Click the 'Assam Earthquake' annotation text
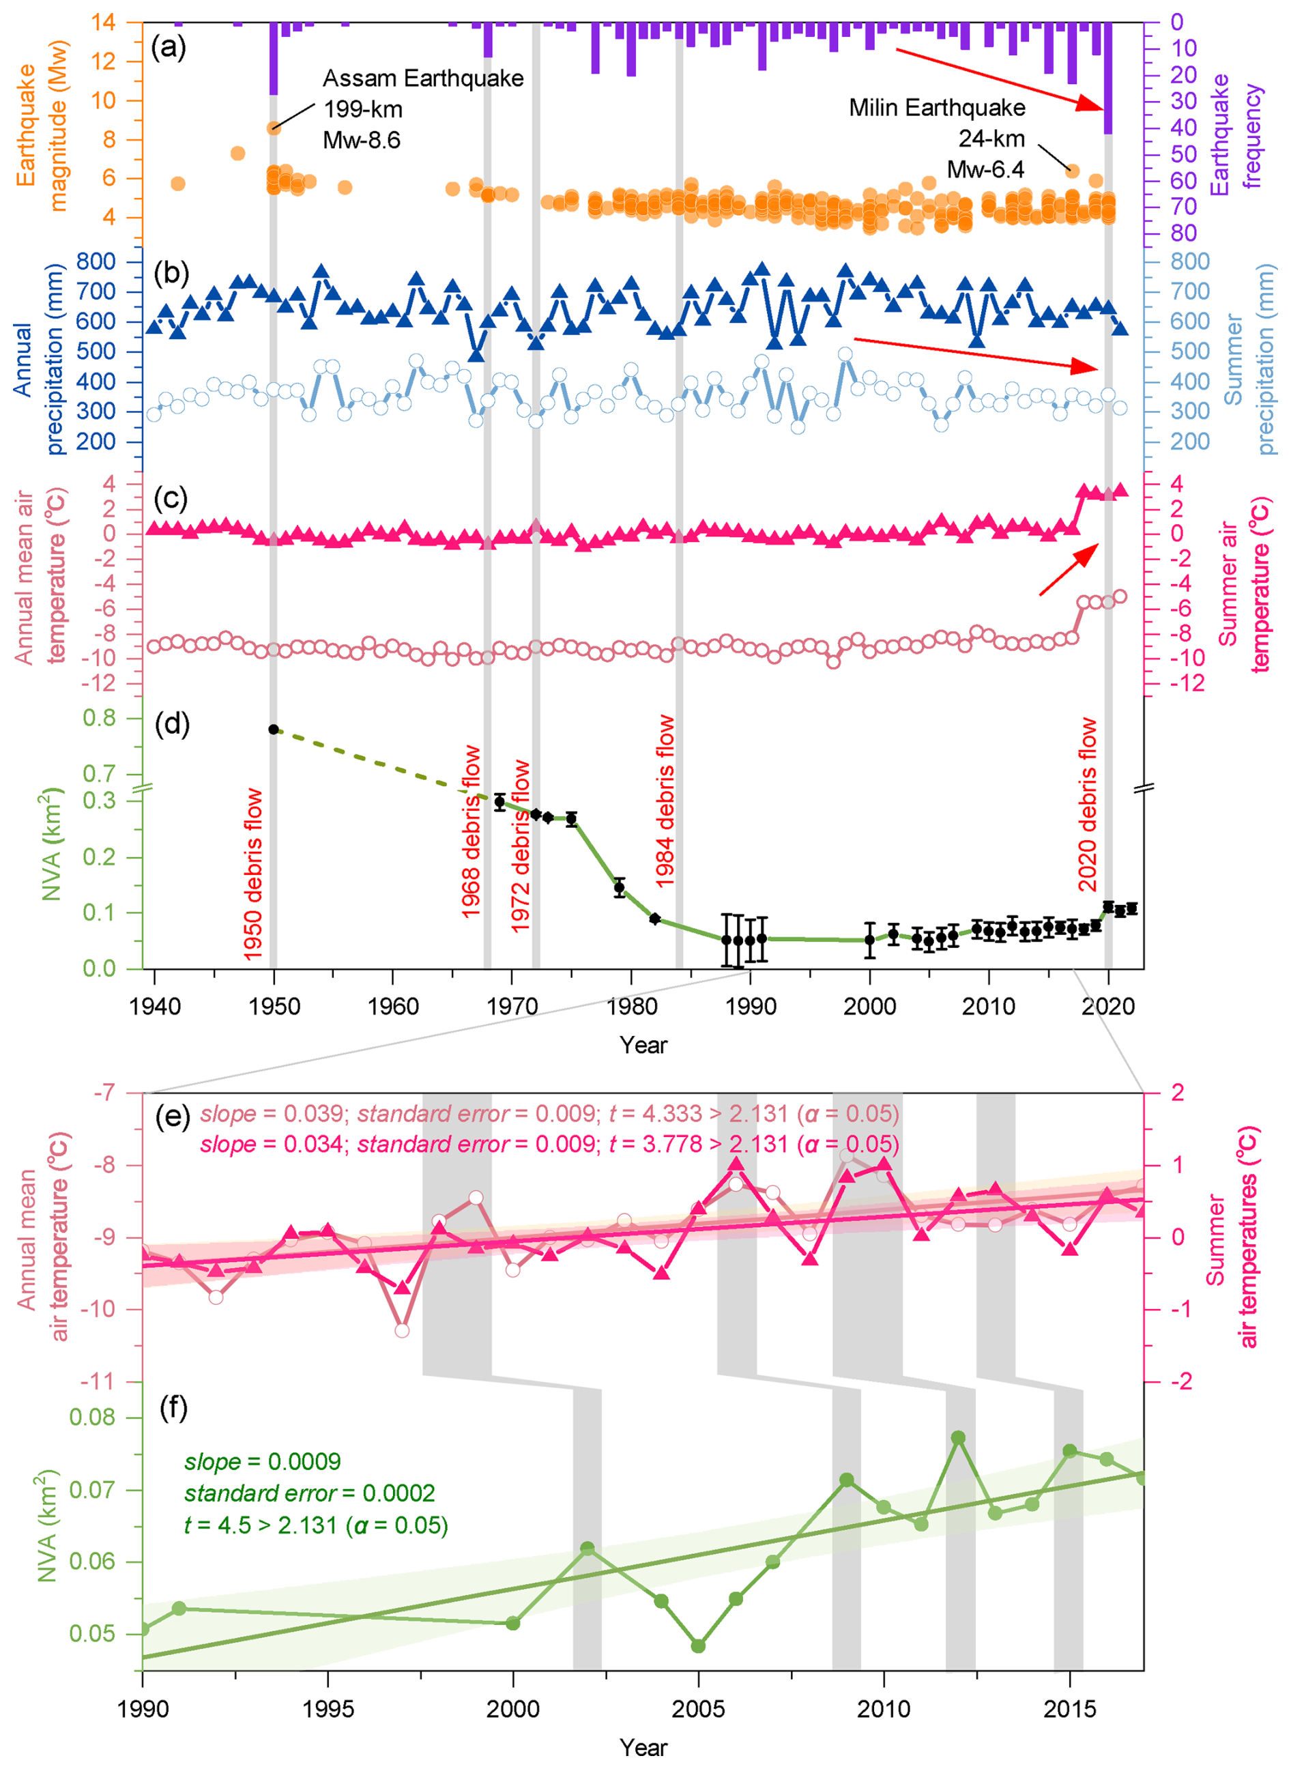point(423,79)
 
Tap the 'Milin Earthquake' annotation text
point(937,108)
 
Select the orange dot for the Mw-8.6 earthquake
point(274,128)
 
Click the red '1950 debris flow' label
point(253,875)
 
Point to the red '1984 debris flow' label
point(665,801)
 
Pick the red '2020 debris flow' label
point(1088,805)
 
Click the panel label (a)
point(169,48)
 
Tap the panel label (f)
point(173,1408)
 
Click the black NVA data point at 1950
point(274,730)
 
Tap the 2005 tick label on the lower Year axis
point(699,1709)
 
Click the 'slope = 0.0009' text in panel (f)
point(263,1462)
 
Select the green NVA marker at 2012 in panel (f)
point(958,1437)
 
